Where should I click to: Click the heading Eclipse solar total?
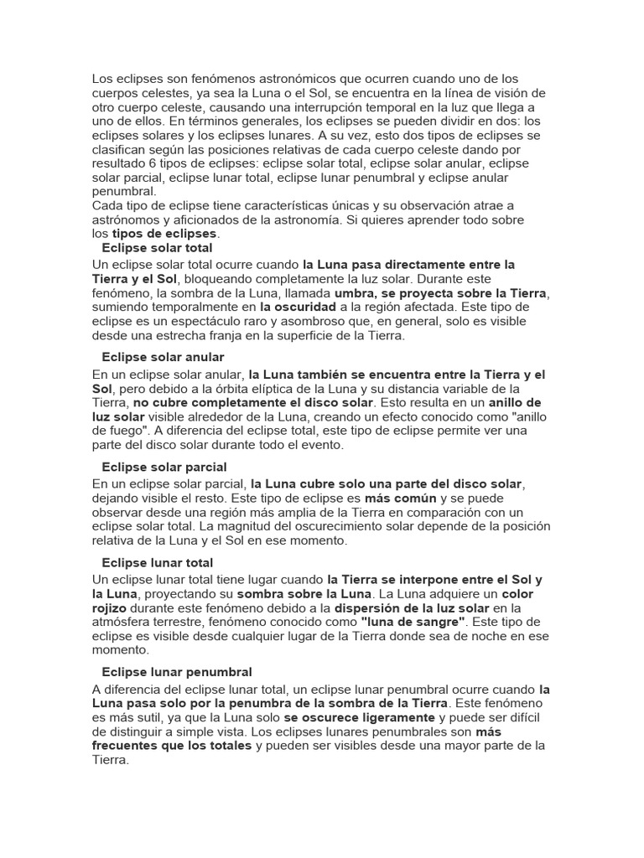pos(157,249)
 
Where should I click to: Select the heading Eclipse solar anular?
pos(163,358)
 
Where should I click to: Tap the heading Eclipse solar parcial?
pos(164,467)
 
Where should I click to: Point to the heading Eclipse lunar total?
pos(157,563)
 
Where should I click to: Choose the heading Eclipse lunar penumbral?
pos(177,672)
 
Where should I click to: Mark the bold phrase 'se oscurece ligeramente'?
pos(360,717)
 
